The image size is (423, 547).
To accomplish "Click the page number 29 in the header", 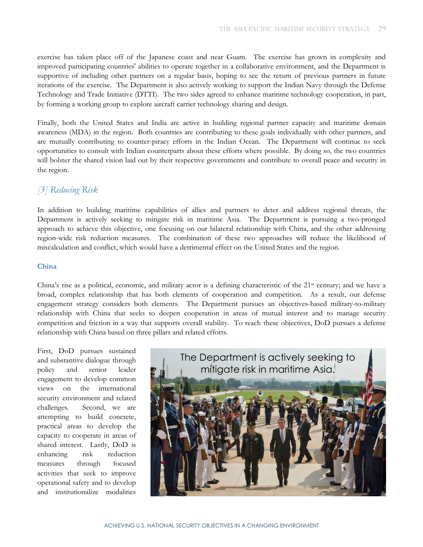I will tap(382, 29).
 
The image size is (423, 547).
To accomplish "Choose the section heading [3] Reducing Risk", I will tap(67, 190).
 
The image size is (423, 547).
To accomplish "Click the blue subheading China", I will tap(47, 266).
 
